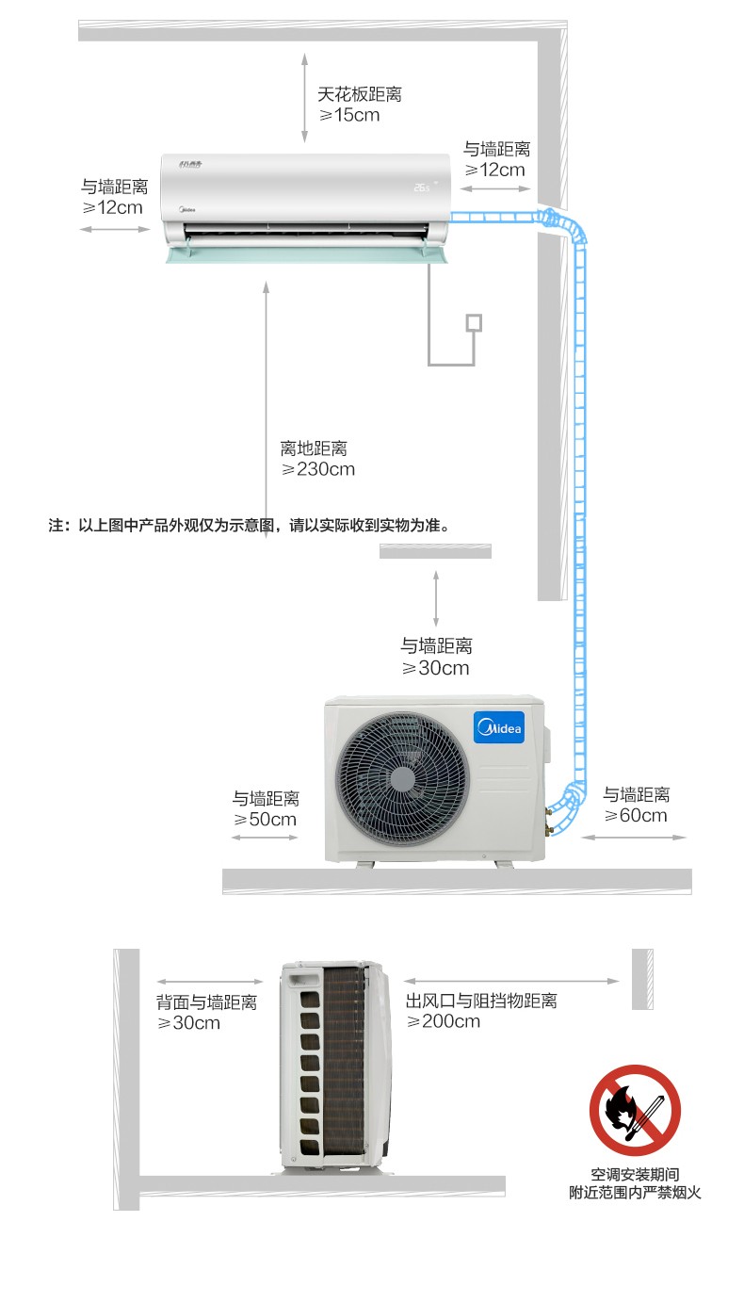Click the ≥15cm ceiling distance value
(x=349, y=115)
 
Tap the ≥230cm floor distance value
(x=318, y=469)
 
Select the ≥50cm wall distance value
(x=265, y=819)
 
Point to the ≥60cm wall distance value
(x=636, y=815)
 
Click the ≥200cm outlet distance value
(x=444, y=1021)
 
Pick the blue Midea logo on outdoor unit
(x=499, y=727)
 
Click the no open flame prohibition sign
(x=635, y=1110)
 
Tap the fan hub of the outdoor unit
(x=402, y=779)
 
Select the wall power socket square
(x=474, y=323)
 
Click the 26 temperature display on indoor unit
(x=421, y=187)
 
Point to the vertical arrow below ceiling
(x=304, y=98)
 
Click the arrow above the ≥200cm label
(x=511, y=981)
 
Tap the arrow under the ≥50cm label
(x=265, y=838)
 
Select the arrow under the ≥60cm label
(x=634, y=838)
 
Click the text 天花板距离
(x=359, y=94)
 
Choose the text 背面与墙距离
(x=206, y=1002)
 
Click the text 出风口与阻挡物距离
(x=481, y=1001)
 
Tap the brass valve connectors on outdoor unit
(x=548, y=821)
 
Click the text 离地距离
(x=314, y=448)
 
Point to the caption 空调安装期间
(x=635, y=1174)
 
